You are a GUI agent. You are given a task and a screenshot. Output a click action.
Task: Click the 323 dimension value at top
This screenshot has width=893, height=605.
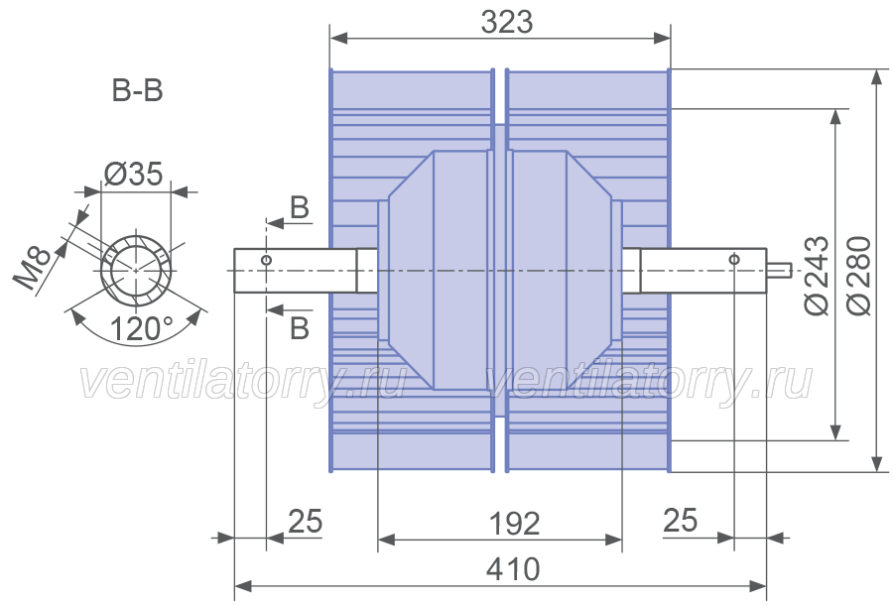[507, 23]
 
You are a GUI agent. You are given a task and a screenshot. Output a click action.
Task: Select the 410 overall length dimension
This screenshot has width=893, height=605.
[513, 569]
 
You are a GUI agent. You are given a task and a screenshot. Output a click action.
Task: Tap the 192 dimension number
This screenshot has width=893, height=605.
[514, 524]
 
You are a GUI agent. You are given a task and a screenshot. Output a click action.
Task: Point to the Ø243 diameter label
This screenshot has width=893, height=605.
[817, 275]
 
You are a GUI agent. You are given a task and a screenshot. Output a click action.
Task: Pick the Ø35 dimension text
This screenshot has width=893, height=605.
[134, 175]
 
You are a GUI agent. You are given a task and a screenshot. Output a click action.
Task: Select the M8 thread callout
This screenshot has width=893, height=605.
[34, 268]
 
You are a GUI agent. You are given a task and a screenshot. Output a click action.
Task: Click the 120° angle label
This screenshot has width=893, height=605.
[141, 328]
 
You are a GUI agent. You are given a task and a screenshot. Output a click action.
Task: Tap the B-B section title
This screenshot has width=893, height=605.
[137, 90]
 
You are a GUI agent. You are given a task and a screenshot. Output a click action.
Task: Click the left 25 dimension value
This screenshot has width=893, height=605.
[306, 522]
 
